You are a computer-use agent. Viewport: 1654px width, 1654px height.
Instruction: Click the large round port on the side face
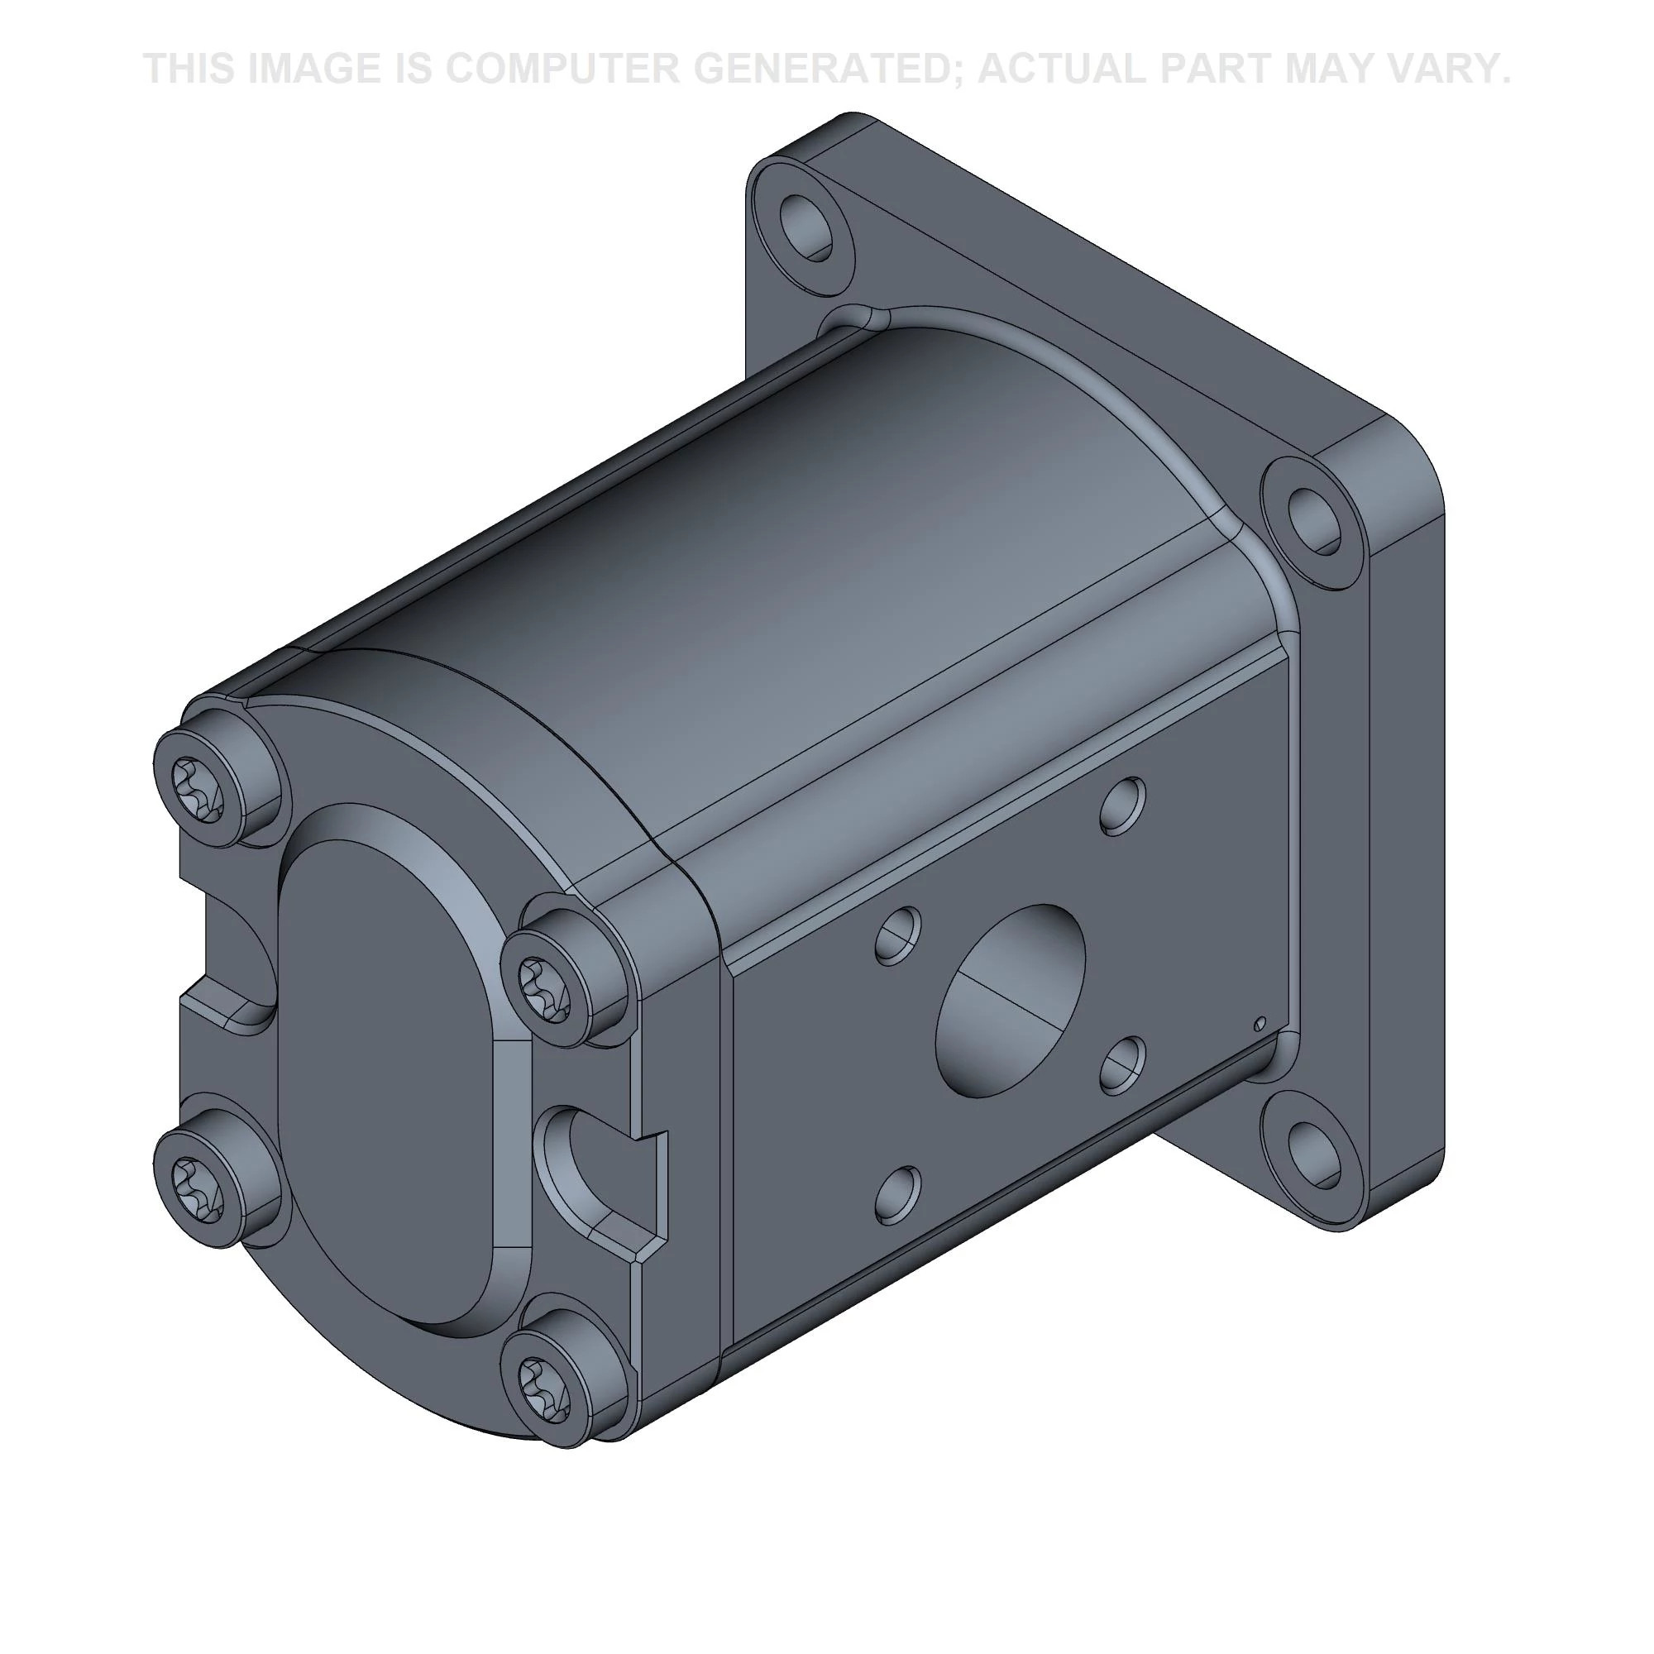[x=1011, y=1000]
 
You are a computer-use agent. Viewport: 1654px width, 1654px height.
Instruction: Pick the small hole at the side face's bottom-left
[x=898, y=1195]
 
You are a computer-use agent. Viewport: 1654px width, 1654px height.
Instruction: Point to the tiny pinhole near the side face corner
[x=1259, y=1023]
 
